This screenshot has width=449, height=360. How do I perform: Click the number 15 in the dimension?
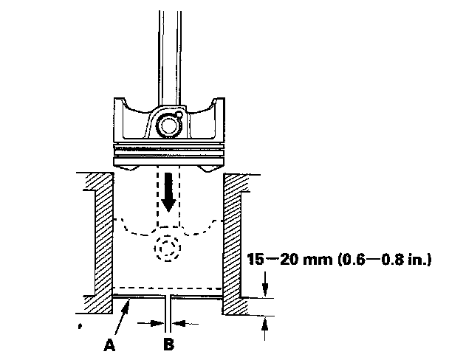[x=254, y=260]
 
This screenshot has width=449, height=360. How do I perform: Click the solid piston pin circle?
[x=168, y=126]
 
